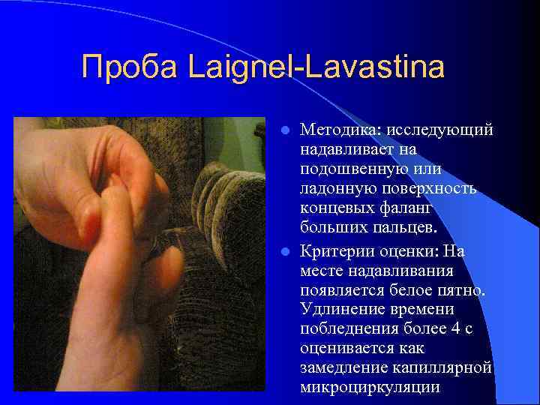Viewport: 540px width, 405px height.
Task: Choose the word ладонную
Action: (334, 186)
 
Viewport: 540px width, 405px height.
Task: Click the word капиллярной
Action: (442, 367)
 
